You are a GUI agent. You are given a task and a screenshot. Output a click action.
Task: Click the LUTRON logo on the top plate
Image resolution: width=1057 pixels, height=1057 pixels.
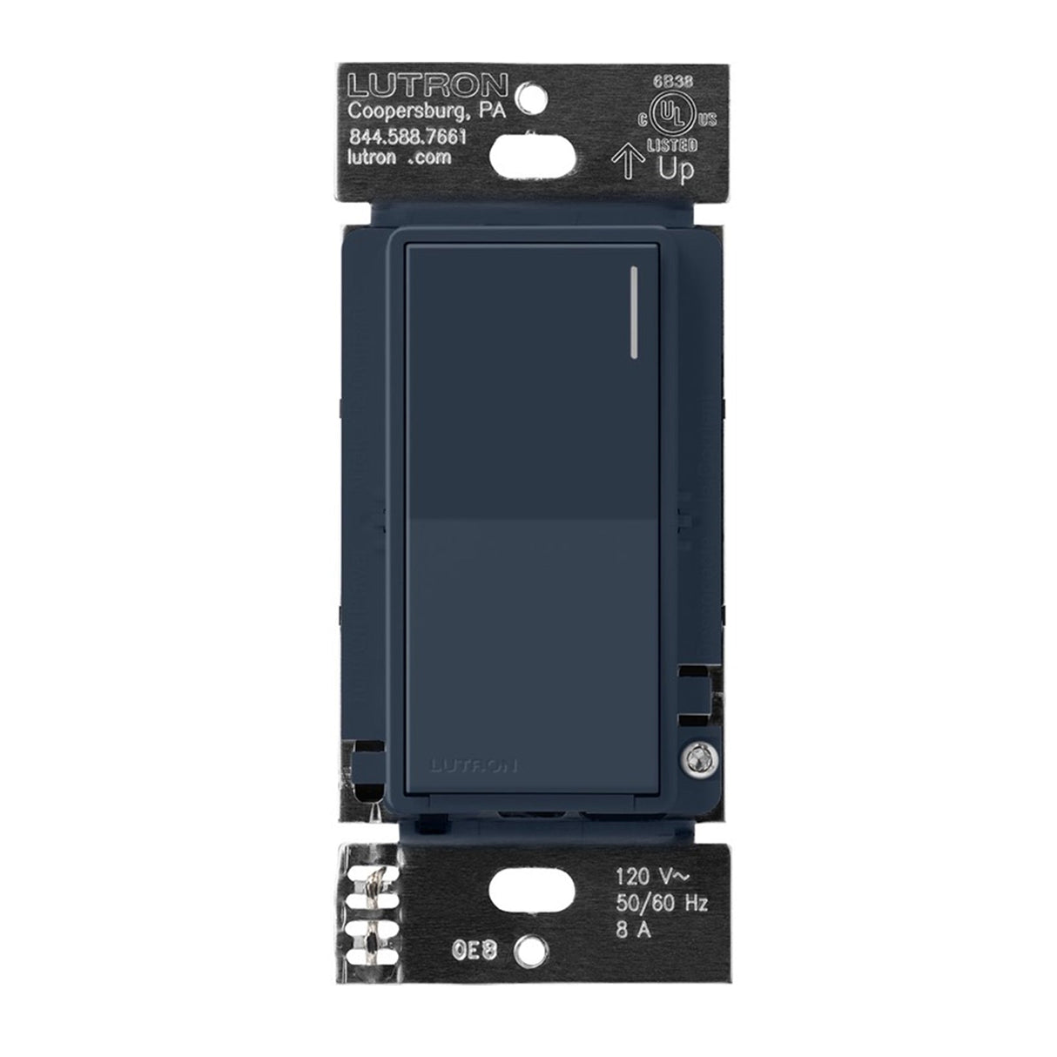[428, 85]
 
